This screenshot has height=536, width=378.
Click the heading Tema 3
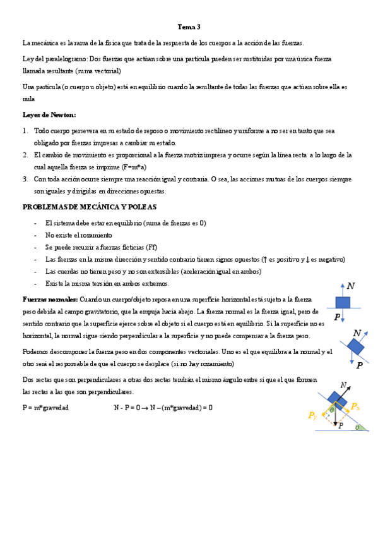coord(189,27)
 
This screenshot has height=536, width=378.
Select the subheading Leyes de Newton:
coord(49,114)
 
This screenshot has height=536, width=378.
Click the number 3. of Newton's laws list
coord(25,179)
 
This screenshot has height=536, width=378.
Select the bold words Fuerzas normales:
coord(50,299)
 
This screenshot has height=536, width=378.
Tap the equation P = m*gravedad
coord(45,408)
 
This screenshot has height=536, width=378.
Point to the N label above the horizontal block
coord(351,286)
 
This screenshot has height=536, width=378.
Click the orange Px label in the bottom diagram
coord(356,406)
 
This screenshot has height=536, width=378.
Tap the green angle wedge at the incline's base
coord(359,427)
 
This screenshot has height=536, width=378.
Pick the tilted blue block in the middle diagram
coord(355,347)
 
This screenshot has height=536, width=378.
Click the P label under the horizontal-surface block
coord(338,317)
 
